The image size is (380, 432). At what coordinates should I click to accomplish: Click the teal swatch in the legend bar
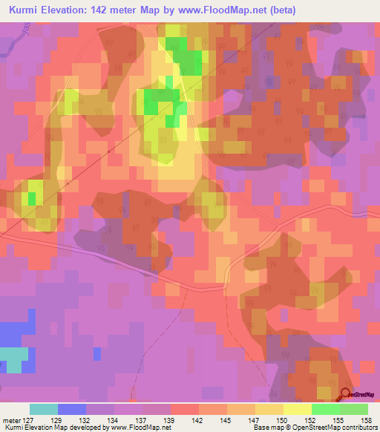click(44, 409)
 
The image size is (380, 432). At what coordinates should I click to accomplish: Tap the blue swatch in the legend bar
click(72, 409)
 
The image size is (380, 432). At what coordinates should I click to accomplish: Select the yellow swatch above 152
click(298, 409)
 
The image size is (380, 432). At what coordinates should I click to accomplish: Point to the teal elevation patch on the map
click(13, 359)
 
